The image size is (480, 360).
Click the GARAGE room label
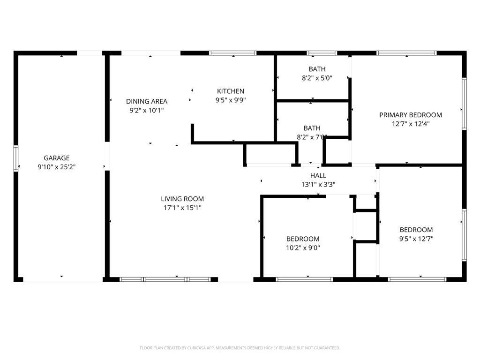coord(57,158)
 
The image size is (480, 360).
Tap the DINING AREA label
coord(147,101)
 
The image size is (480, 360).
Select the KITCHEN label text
coord(231,91)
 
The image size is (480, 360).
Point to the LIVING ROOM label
coord(182,199)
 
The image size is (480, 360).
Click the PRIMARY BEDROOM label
coord(411,115)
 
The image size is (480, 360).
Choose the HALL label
coord(318,176)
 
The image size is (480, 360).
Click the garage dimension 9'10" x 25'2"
coord(57,167)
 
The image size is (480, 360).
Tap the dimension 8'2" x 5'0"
coord(317,78)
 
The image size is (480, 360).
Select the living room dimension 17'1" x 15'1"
coord(182,208)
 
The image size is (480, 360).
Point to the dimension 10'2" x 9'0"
coord(303,247)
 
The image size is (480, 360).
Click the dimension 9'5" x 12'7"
coord(416,239)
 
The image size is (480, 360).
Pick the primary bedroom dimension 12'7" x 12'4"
coord(411,124)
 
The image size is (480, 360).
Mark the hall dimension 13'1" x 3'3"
coord(318,185)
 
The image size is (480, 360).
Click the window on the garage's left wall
coord(16,158)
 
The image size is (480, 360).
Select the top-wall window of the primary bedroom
coord(406,53)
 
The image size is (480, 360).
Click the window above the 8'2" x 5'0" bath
coord(322,53)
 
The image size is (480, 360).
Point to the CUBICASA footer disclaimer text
coord(240,348)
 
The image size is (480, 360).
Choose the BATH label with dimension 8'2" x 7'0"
coord(312,128)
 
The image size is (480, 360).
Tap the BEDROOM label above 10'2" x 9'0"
coord(303,239)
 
